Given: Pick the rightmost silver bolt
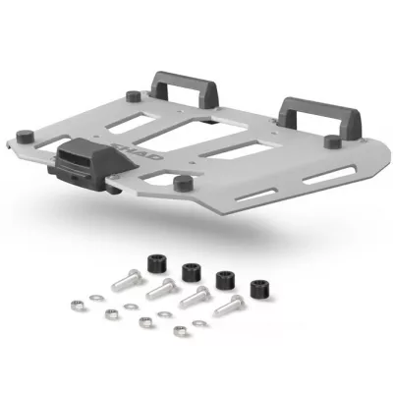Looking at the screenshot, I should coord(228,306).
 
